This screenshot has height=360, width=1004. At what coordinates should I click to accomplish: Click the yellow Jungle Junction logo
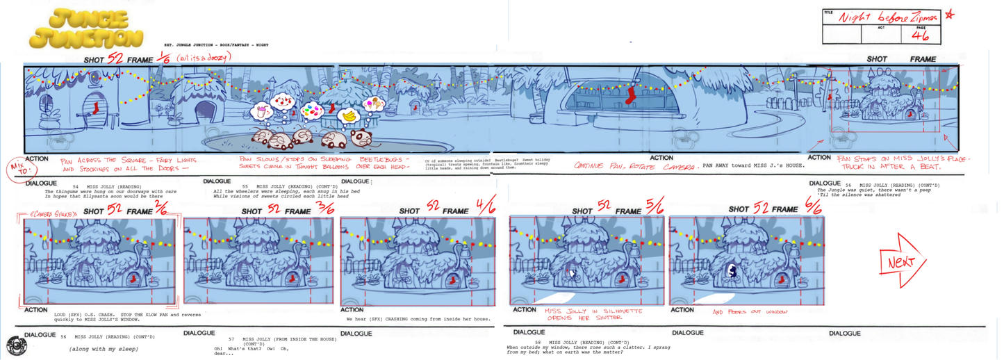point(86,28)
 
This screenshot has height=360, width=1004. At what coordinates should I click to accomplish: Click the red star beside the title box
point(950,15)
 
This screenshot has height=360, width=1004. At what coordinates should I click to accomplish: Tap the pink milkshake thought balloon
point(262,111)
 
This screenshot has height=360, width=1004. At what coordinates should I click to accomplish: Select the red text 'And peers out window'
point(750,312)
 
